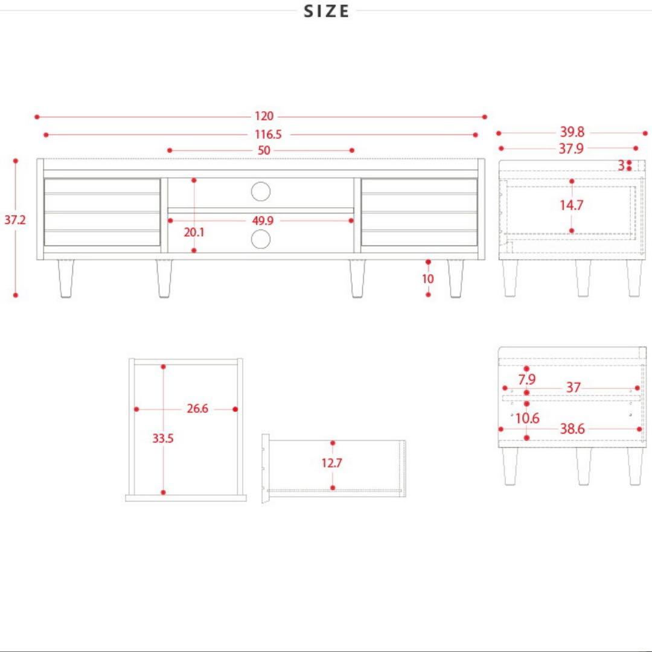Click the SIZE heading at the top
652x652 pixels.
pyautogui.click(x=327, y=11)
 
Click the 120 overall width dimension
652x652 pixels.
pyautogui.click(x=264, y=116)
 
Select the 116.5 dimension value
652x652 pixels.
pyautogui.click(x=268, y=134)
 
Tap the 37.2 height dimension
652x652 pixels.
pyautogui.click(x=15, y=220)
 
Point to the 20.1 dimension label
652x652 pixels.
pyautogui.click(x=194, y=232)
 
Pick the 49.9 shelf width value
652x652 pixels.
pyautogui.click(x=263, y=220)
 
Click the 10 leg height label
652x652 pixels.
pyautogui.click(x=428, y=278)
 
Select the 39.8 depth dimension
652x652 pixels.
pyautogui.click(x=572, y=132)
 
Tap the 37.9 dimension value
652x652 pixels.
pyautogui.click(x=571, y=149)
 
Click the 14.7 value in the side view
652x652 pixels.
pyautogui.click(x=571, y=205)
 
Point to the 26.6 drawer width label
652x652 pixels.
pyautogui.click(x=197, y=408)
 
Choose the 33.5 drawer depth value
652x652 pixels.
pyautogui.click(x=162, y=438)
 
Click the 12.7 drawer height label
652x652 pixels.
pyautogui.click(x=332, y=462)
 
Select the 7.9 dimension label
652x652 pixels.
pyautogui.click(x=527, y=379)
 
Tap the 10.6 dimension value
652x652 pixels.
pyautogui.click(x=527, y=418)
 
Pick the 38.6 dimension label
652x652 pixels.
pyautogui.click(x=572, y=429)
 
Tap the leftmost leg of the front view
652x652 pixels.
pyautogui.click(x=66, y=278)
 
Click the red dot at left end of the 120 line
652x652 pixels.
pyautogui.click(x=37, y=117)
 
